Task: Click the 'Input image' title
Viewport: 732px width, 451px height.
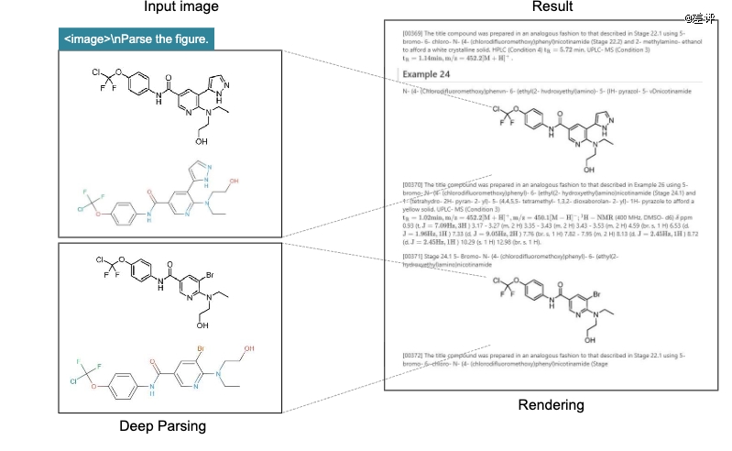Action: (x=180, y=8)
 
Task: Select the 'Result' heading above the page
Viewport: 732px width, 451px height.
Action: (x=552, y=8)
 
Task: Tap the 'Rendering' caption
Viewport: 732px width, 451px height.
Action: (x=552, y=405)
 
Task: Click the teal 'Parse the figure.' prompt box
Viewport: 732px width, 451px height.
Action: (x=137, y=40)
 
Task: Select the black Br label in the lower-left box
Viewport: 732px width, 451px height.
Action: (x=211, y=272)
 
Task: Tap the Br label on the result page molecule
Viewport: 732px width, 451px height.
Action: (x=596, y=294)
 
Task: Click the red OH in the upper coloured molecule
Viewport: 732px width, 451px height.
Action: (x=235, y=181)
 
